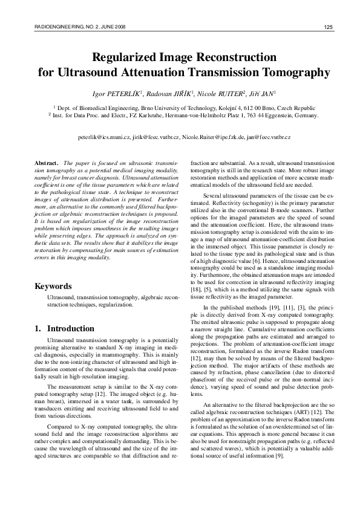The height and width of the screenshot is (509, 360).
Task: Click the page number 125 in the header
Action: coord(329,27)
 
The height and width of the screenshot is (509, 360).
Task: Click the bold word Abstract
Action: coord(47,164)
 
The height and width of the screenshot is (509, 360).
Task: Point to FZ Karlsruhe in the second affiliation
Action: coord(149,115)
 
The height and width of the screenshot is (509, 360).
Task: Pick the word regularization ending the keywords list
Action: coord(113,306)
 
